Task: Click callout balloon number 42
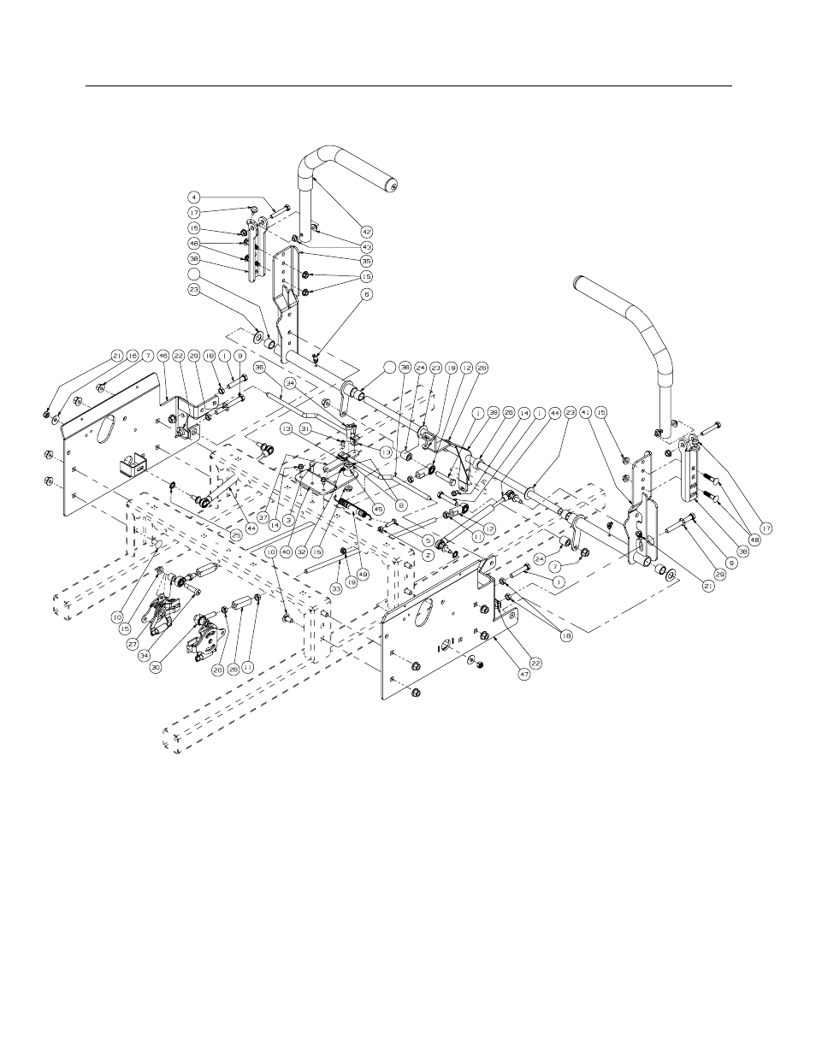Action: pyautogui.click(x=367, y=231)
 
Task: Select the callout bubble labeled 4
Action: pyautogui.click(x=196, y=197)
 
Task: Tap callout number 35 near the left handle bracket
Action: pyautogui.click(x=367, y=261)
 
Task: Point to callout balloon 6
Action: pyautogui.click(x=367, y=293)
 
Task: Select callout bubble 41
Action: pyautogui.click(x=586, y=412)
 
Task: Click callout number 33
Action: pyautogui.click(x=336, y=589)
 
